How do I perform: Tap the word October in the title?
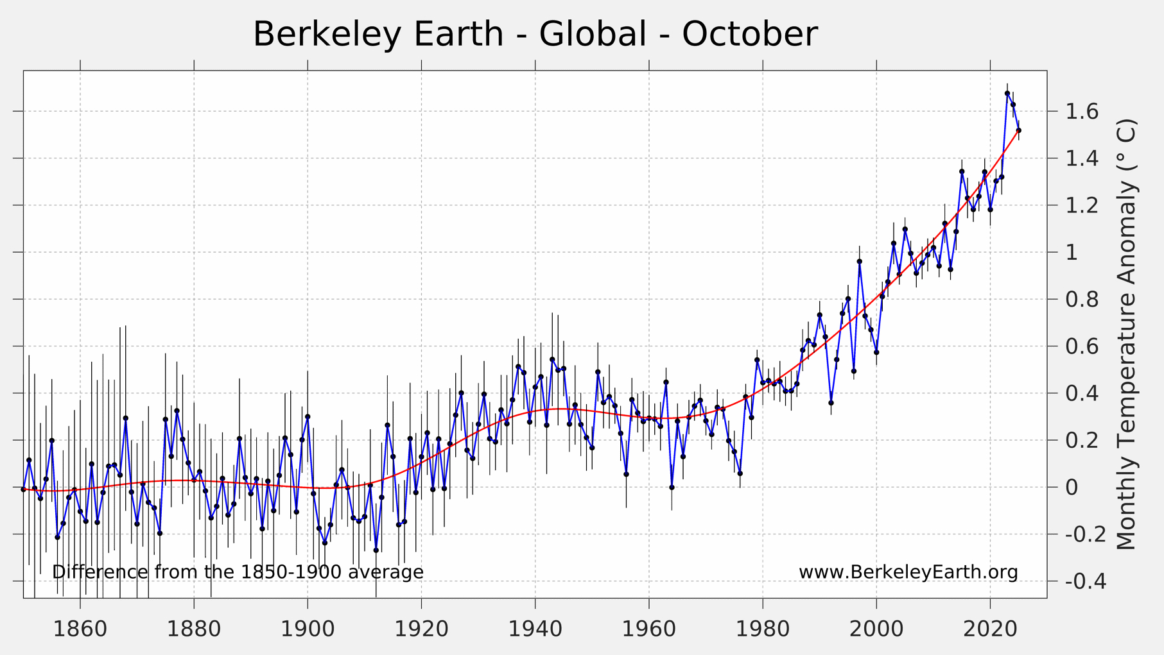[749, 34]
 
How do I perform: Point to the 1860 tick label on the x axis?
[80, 629]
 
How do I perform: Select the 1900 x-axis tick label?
[308, 629]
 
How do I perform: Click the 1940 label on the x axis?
[535, 629]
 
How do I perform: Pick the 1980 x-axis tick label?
[763, 629]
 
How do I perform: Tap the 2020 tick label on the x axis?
[990, 629]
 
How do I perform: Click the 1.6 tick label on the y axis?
[1082, 112]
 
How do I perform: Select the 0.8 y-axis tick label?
[1082, 300]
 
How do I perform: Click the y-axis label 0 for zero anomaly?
[1072, 488]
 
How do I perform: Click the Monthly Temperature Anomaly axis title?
[1126, 334]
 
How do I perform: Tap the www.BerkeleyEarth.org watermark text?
[908, 572]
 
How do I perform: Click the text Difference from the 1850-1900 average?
[238, 572]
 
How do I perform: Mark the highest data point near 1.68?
[1007, 94]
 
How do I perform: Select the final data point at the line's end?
[1019, 131]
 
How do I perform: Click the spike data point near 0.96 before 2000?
[859, 262]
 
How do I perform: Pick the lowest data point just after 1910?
[376, 550]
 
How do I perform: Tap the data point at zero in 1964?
[672, 488]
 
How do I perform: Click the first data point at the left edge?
[24, 489]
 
